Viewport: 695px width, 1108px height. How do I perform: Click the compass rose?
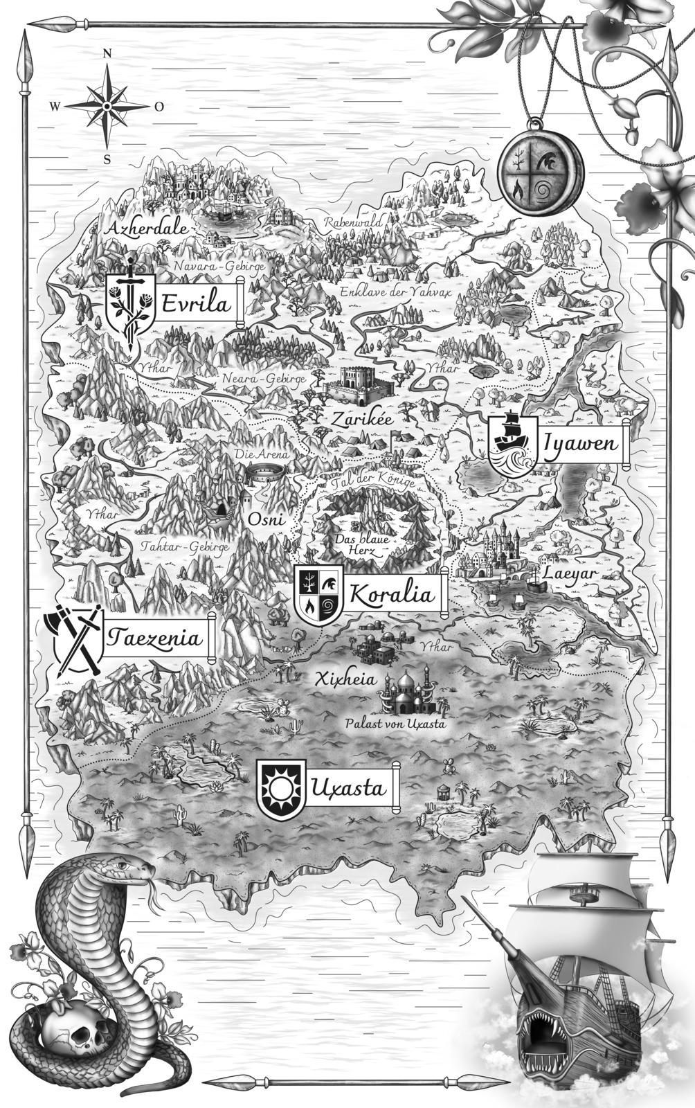point(107,106)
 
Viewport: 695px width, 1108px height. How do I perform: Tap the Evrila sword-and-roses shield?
point(130,305)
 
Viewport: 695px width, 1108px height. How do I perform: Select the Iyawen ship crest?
point(512,443)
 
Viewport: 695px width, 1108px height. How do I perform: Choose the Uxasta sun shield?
point(280,788)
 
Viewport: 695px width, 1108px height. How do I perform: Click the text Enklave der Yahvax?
point(395,293)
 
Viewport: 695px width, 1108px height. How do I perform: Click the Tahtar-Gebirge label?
point(185,547)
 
